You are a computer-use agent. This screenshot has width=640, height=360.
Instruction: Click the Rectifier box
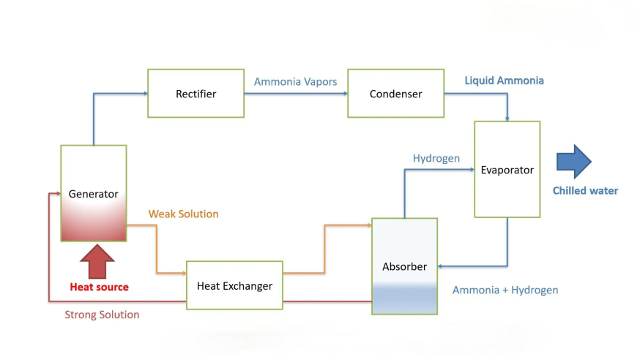(196, 94)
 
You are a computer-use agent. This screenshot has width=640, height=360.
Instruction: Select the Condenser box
(395, 94)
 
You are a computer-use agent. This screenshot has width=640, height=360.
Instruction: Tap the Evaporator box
(507, 170)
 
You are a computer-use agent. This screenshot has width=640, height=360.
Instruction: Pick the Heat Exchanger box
(234, 285)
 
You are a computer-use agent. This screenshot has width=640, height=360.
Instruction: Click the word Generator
(93, 194)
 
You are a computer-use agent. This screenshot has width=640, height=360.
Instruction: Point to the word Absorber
(404, 267)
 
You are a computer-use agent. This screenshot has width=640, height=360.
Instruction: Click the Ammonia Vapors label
(295, 81)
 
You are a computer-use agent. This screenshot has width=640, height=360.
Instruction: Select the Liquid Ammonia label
(505, 80)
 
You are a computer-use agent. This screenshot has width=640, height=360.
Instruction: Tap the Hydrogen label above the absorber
(436, 158)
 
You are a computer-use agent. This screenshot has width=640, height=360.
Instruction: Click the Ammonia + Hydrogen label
(505, 290)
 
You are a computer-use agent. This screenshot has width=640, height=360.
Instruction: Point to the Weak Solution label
(183, 214)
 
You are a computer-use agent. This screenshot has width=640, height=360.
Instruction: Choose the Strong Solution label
(102, 315)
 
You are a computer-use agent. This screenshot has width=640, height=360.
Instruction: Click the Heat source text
(99, 287)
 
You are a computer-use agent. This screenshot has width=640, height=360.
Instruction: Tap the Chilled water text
(585, 191)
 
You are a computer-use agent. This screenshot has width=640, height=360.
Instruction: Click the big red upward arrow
(97, 261)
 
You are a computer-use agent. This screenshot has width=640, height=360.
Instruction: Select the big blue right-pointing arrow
(573, 162)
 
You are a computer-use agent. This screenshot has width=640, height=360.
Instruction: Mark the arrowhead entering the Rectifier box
(144, 94)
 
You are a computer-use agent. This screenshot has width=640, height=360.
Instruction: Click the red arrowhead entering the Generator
(57, 194)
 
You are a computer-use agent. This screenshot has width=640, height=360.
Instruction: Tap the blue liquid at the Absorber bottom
(404, 298)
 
